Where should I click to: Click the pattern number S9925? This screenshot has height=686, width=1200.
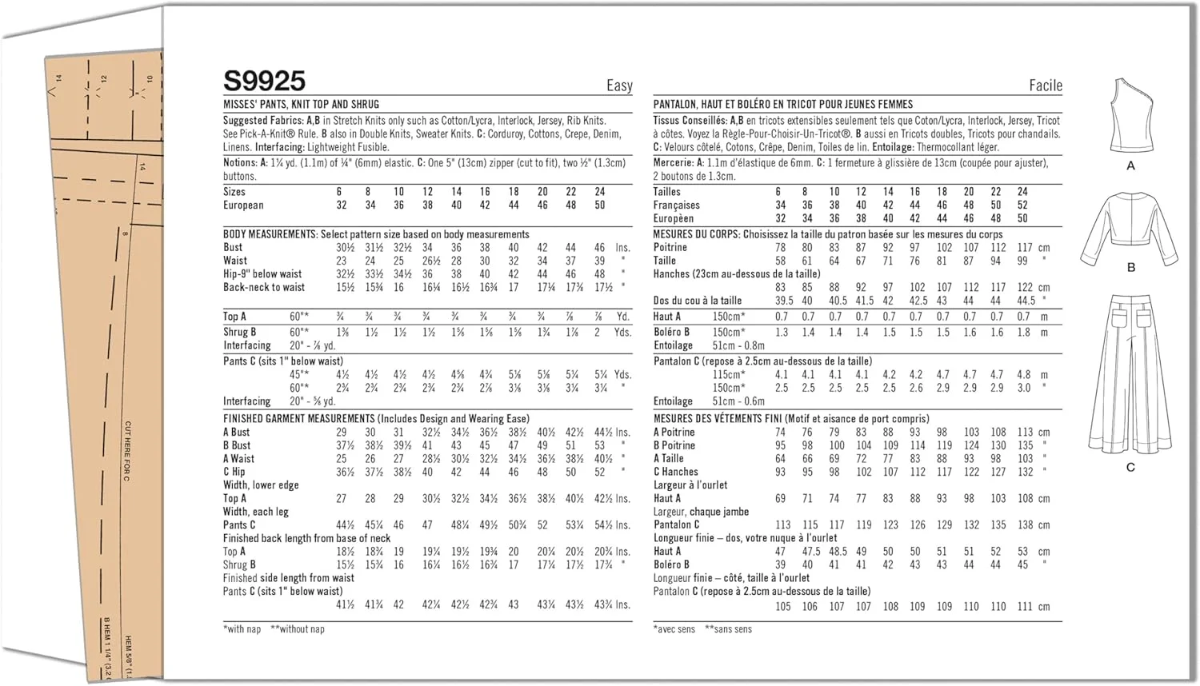pyautogui.click(x=264, y=81)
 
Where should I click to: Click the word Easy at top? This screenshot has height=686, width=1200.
pyautogui.click(x=619, y=86)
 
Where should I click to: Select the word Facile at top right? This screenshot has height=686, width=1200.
pyautogui.click(x=1045, y=86)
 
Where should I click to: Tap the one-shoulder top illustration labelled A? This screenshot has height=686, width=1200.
pyautogui.click(x=1130, y=115)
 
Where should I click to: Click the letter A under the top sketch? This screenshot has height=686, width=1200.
pyautogui.click(x=1130, y=166)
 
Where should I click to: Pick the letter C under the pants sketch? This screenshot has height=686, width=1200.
pyautogui.click(x=1130, y=468)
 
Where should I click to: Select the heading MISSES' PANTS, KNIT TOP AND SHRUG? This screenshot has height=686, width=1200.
pyautogui.click(x=301, y=104)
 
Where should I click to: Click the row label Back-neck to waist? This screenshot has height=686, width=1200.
pyautogui.click(x=263, y=287)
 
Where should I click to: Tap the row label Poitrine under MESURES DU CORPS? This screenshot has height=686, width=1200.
pyautogui.click(x=670, y=248)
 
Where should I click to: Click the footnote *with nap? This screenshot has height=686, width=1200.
pyautogui.click(x=242, y=629)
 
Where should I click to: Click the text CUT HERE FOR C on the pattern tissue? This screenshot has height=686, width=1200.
pyautogui.click(x=127, y=451)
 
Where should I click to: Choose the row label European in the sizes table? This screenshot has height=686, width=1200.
pyautogui.click(x=243, y=205)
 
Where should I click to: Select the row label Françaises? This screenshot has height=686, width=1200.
pyautogui.click(x=676, y=205)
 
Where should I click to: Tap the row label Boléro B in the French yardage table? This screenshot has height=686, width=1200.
pyautogui.click(x=671, y=332)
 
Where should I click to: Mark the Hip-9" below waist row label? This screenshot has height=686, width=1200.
pyautogui.click(x=262, y=273)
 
